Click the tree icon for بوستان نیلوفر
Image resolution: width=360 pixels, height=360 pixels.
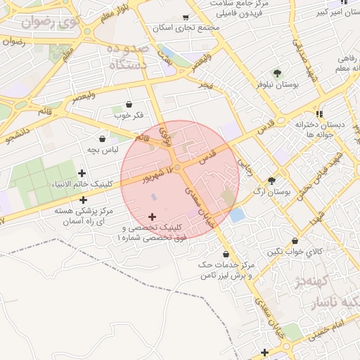point(277,72)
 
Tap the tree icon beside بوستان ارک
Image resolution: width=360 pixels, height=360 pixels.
point(272,181)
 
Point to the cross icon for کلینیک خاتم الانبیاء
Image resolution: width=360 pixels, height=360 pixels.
point(82,173)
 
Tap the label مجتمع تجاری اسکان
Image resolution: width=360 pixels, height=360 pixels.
point(185,27)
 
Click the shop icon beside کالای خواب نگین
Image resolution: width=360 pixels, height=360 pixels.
point(295,240)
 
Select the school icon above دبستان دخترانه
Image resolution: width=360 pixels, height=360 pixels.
point(319,113)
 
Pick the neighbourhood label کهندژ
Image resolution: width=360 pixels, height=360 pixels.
point(310,283)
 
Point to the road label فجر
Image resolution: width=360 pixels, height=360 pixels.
point(205,84)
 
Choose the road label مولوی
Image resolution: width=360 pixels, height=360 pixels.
point(166,134)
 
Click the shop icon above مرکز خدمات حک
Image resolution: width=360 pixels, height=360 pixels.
point(226,254)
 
